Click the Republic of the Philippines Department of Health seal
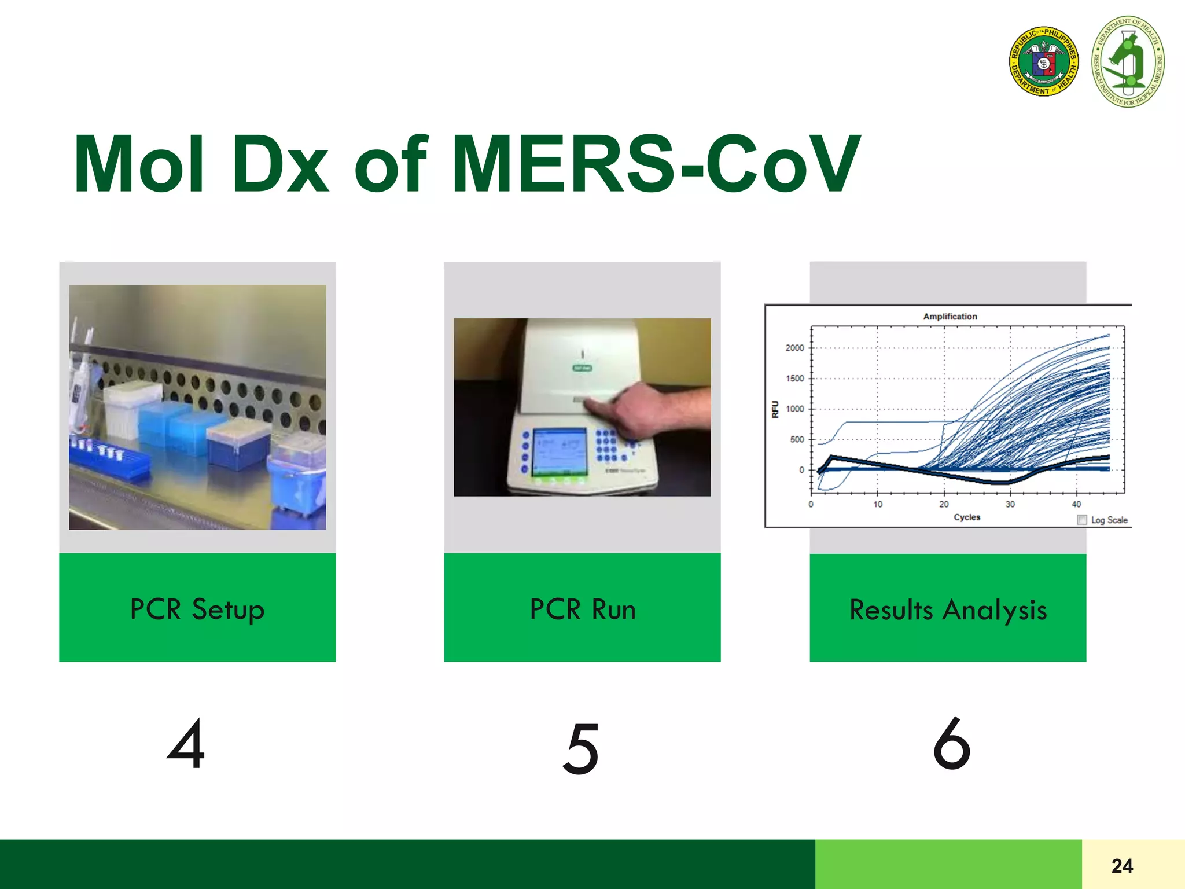[1043, 61]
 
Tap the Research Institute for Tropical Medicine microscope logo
[1128, 61]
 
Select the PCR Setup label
[197, 609]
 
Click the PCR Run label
[583, 609]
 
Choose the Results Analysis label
[948, 610]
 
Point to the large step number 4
[186, 744]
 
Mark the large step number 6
[952, 744]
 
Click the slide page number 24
[1122, 866]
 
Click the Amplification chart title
[950, 317]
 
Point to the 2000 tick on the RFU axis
[794, 348]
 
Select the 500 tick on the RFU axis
[797, 439]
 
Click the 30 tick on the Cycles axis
[1010, 504]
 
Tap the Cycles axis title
[967, 517]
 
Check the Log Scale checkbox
[1081, 520]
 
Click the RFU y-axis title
[775, 409]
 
